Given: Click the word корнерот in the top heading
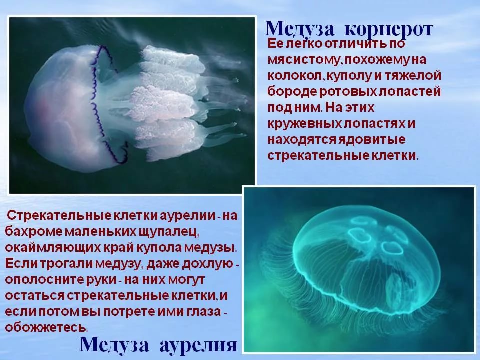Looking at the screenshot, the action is pos(389,29).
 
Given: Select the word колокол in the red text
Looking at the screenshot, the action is pos(295,75).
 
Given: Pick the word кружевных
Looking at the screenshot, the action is pos(304,124).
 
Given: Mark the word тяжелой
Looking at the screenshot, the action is pos(413,75).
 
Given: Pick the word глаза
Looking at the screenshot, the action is pos(204,311).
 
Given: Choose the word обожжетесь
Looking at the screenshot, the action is pos(46,327).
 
